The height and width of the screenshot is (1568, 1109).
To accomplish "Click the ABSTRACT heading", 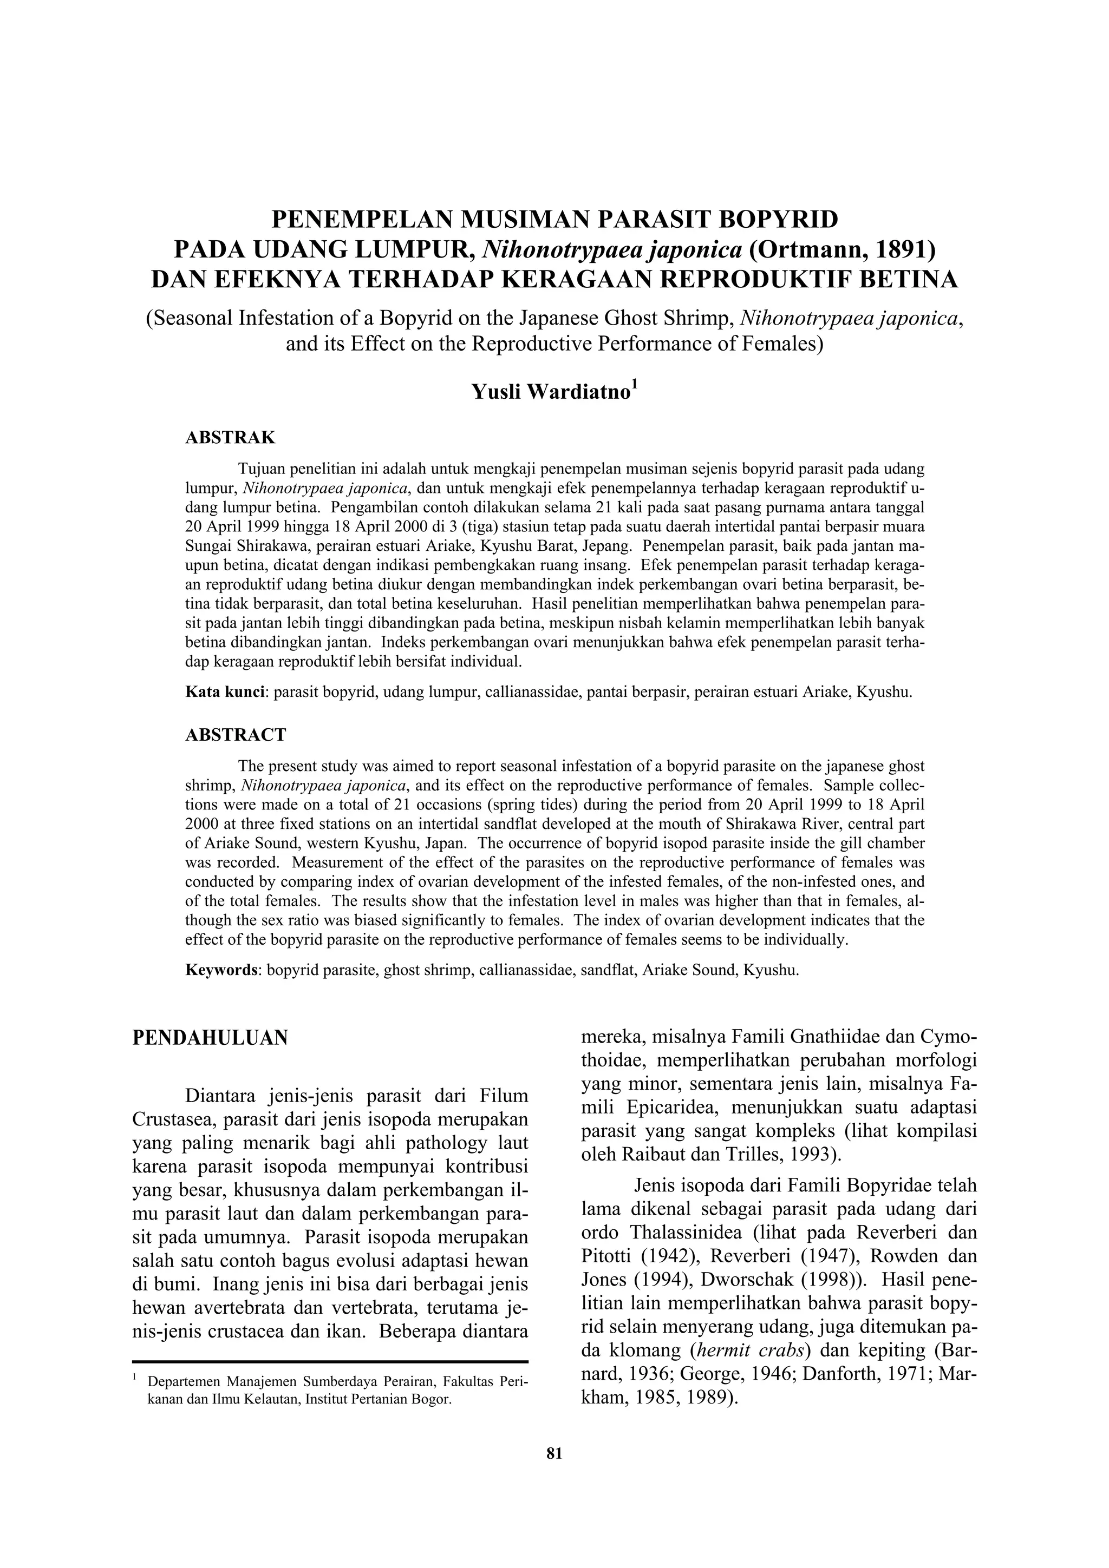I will tap(236, 735).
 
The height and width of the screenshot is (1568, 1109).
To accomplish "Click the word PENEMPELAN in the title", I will tap(363, 220).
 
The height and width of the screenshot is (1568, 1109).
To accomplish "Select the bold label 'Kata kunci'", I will tap(225, 692).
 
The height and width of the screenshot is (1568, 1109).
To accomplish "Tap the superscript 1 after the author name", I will tap(634, 386).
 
